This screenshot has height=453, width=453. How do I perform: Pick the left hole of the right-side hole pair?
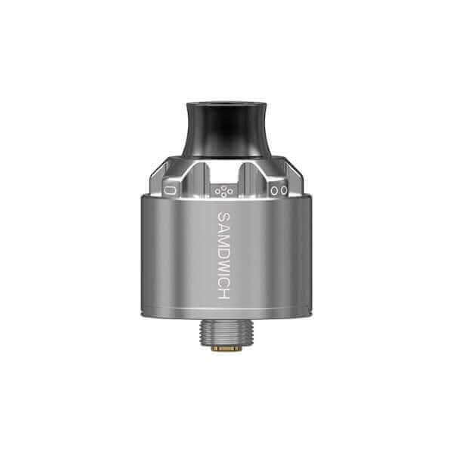point(276,191)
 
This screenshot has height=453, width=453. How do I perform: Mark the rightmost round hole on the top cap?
point(284,191)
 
